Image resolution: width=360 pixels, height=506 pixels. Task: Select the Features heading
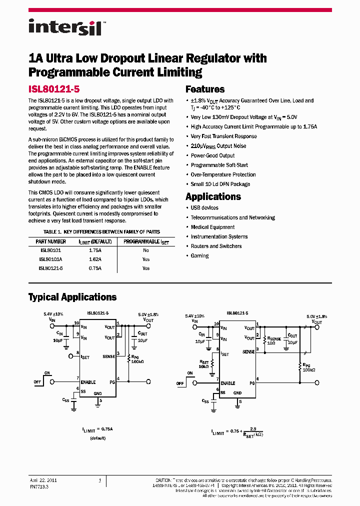[x=205, y=89]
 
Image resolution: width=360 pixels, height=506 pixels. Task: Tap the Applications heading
[x=213, y=196]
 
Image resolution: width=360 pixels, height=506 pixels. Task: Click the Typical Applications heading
[x=72, y=297]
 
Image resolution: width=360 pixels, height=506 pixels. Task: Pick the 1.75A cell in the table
[x=95, y=250]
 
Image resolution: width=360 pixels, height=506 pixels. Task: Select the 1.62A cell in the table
[x=95, y=259]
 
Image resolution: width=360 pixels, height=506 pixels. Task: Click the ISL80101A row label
[x=50, y=259]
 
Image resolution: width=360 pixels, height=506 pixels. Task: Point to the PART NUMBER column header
[x=51, y=241]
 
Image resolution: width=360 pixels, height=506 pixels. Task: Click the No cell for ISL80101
[x=146, y=250]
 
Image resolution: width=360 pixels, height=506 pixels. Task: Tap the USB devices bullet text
[x=204, y=208]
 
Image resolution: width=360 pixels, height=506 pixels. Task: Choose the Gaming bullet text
[x=199, y=255]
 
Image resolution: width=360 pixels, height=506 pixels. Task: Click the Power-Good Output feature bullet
[x=212, y=155]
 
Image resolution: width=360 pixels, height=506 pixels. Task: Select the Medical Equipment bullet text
[x=212, y=227]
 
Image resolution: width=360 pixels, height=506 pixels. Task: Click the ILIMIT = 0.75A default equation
[x=98, y=429]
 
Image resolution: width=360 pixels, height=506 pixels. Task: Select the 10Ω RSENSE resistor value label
[x=271, y=343]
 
